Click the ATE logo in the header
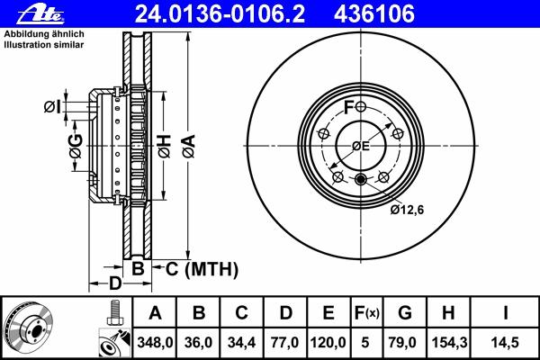pyautogui.click(x=40, y=14)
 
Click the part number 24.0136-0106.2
pyautogui.click(x=220, y=14)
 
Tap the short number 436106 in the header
pyautogui.click(x=374, y=14)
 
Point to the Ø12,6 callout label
pyautogui.click(x=407, y=210)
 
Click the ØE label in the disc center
pyautogui.click(x=361, y=146)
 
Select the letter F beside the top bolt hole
pyautogui.click(x=349, y=107)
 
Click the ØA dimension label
pyautogui.click(x=189, y=146)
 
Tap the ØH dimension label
pyautogui.click(x=165, y=146)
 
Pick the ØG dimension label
pyautogui.click(x=76, y=146)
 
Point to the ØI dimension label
pyautogui.click(x=52, y=107)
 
